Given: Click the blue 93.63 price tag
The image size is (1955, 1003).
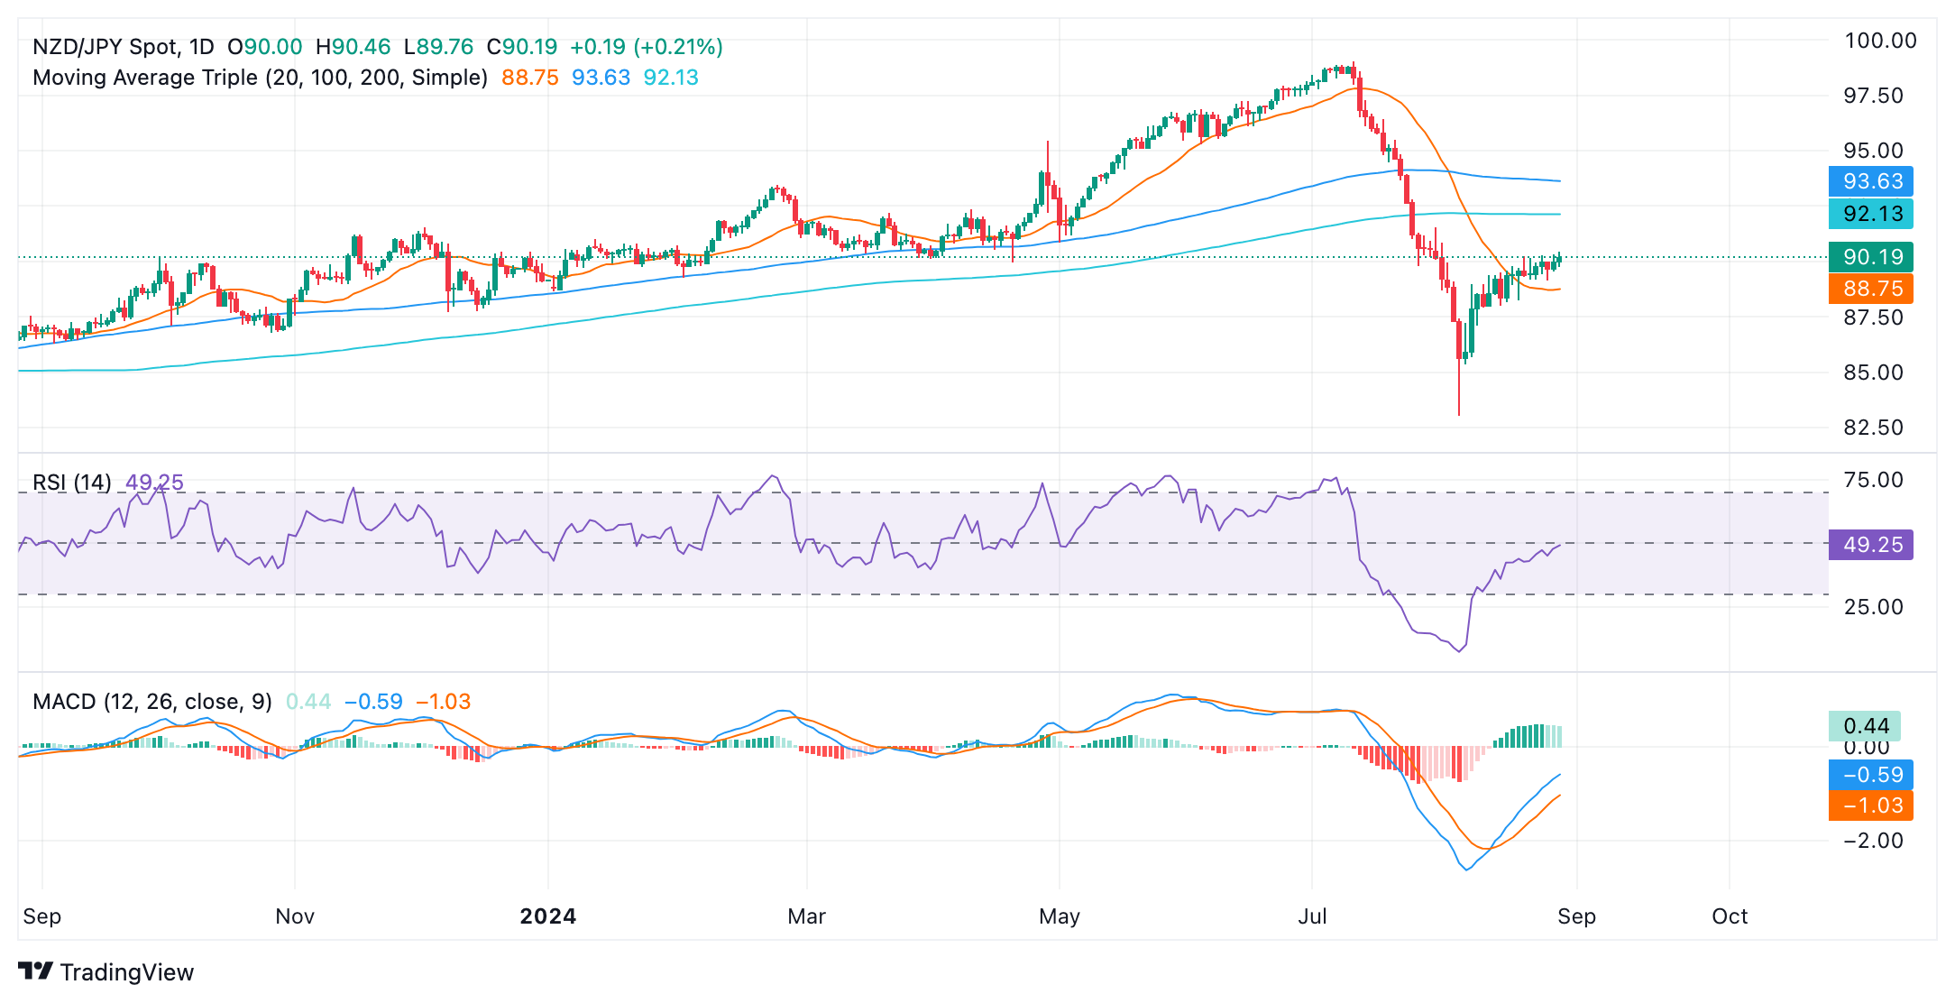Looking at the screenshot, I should tap(1871, 181).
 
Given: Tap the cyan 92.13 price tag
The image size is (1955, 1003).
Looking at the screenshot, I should tap(1871, 214).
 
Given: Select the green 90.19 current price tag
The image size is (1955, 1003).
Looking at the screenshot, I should tap(1871, 257).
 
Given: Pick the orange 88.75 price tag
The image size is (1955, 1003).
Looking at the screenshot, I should tap(1871, 289).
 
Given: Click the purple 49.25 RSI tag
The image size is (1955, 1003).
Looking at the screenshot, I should tap(1871, 545).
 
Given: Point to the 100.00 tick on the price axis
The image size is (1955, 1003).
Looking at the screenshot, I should tap(1880, 41).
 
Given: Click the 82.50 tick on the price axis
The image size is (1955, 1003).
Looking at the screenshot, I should tap(1873, 428).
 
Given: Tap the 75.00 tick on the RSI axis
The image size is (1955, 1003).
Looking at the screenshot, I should tap(1873, 480).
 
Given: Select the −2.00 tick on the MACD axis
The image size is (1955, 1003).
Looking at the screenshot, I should tap(1873, 841).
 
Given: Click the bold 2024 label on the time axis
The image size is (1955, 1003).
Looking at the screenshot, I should tap(548, 916).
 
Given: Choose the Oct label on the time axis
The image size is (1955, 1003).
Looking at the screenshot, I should tap(1730, 916).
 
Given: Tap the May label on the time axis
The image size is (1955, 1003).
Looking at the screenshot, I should tap(1060, 916).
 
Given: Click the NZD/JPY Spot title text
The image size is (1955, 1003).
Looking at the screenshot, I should tap(123, 47).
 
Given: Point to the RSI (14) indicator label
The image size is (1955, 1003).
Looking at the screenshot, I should tap(72, 483).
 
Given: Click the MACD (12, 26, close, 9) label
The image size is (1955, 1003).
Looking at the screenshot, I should tap(152, 702).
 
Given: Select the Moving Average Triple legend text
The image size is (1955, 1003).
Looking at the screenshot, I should tap(260, 78).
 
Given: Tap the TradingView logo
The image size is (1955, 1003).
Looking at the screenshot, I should tap(106, 971).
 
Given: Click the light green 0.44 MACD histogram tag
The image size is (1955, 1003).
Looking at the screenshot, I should tap(1865, 726).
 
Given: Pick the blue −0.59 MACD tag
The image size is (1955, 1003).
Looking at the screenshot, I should tap(1871, 775).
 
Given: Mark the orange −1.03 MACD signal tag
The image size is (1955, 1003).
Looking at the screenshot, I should tap(1871, 805).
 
